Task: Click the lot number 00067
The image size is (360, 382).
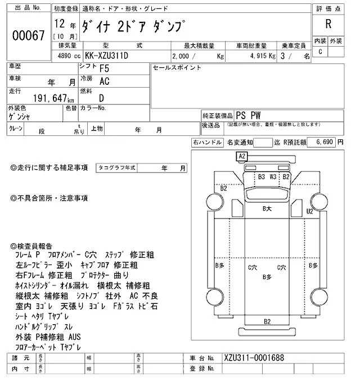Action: pyautogui.click(x=28, y=35)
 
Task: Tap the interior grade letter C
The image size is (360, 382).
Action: pyautogui.click(x=320, y=52)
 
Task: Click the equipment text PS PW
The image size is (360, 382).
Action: pyautogui.click(x=251, y=113)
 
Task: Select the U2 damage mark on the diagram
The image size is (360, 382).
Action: pyautogui.click(x=309, y=211)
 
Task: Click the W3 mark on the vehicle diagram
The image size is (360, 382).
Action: pyautogui.click(x=274, y=176)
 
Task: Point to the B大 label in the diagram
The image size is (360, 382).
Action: pyautogui.click(x=267, y=208)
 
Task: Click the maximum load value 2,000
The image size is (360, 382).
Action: pyautogui.click(x=181, y=56)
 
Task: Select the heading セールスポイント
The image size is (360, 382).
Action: pyautogui.click(x=177, y=67)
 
